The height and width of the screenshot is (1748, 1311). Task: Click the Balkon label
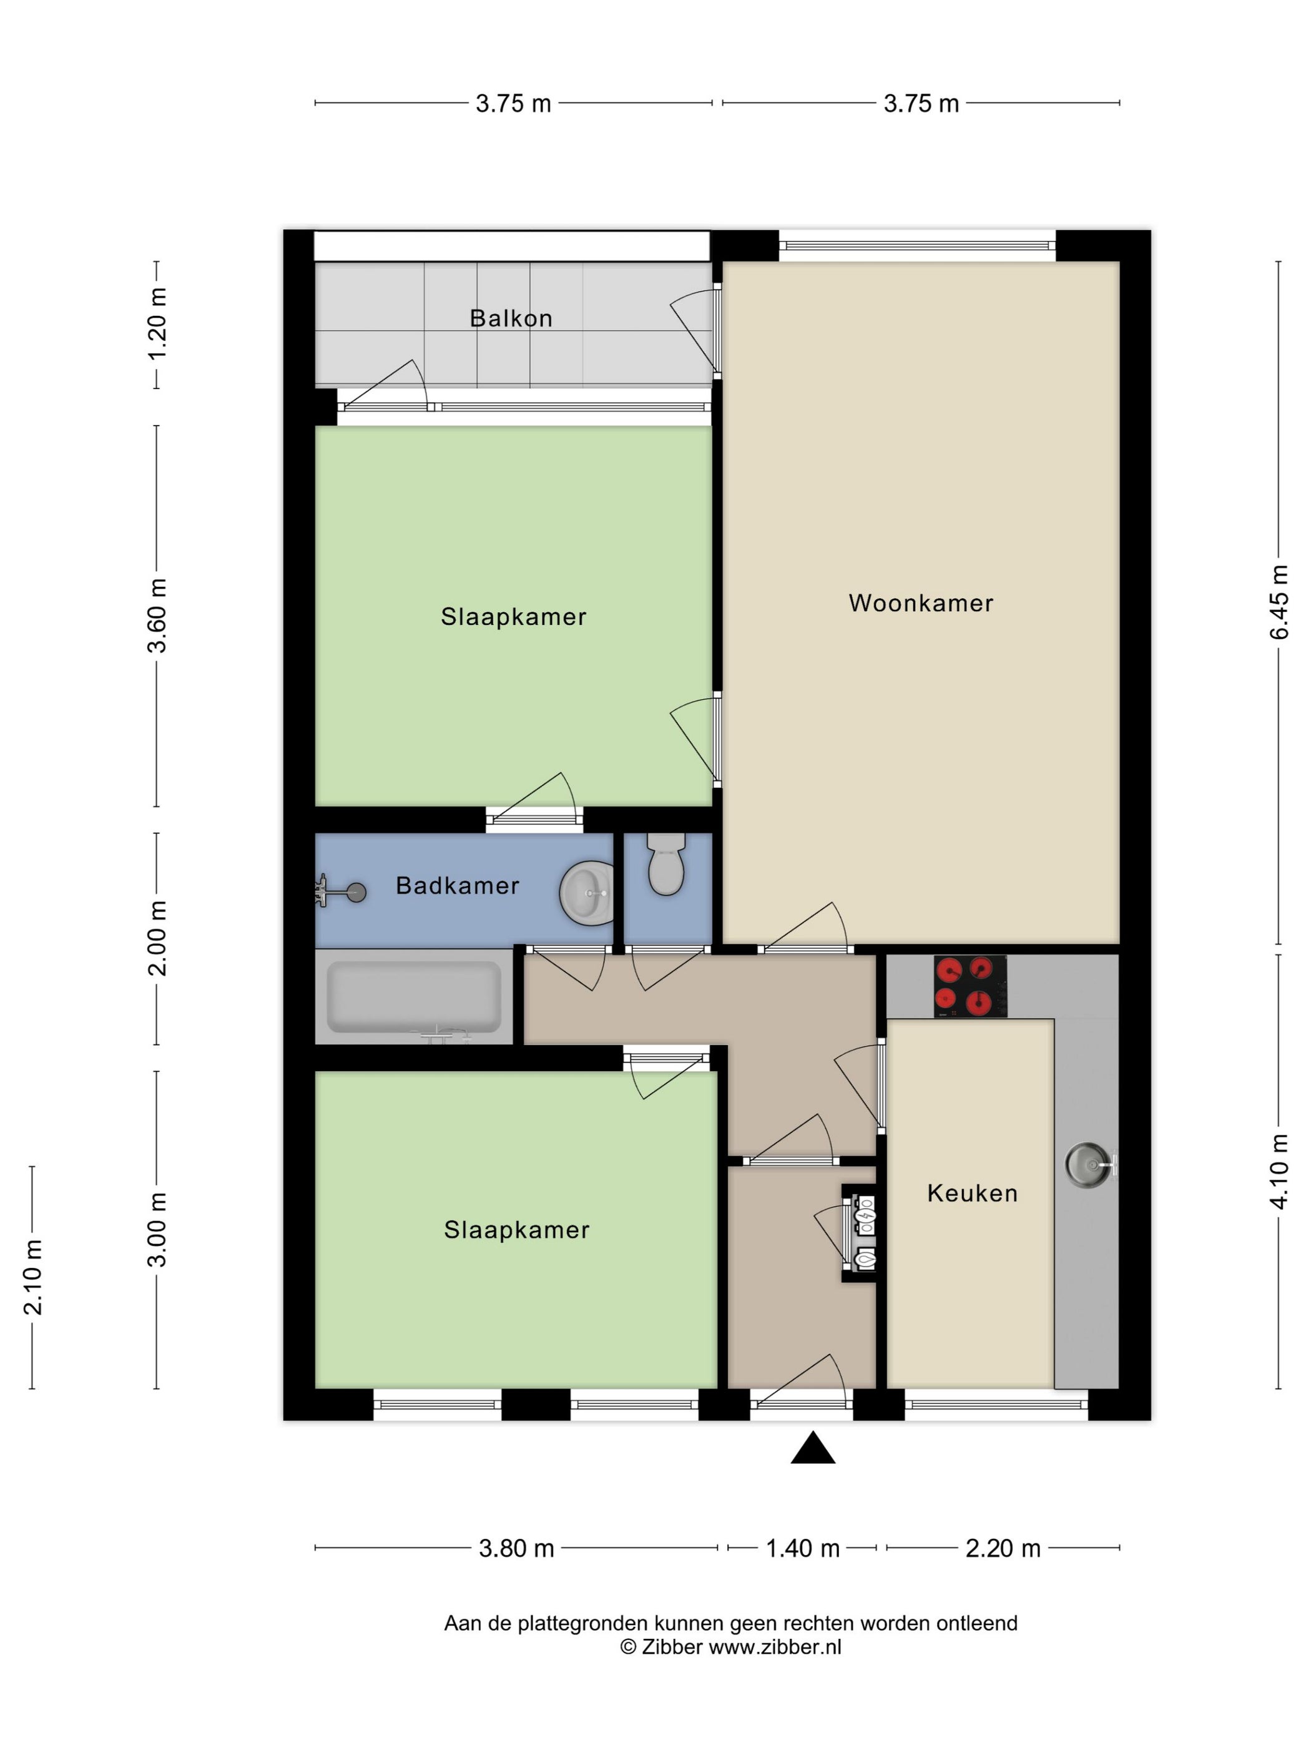[511, 318]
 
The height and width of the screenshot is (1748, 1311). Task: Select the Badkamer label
[458, 886]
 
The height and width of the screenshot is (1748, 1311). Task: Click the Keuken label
[972, 1193]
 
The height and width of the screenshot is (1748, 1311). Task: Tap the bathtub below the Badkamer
[414, 997]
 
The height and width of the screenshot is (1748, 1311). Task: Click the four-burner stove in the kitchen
[970, 986]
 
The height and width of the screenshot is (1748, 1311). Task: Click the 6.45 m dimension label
[1279, 602]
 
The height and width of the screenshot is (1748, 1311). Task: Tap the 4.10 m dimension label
[1279, 1172]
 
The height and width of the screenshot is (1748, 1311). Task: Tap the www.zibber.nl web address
[775, 1647]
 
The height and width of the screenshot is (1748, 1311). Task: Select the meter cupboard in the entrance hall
[858, 1233]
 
